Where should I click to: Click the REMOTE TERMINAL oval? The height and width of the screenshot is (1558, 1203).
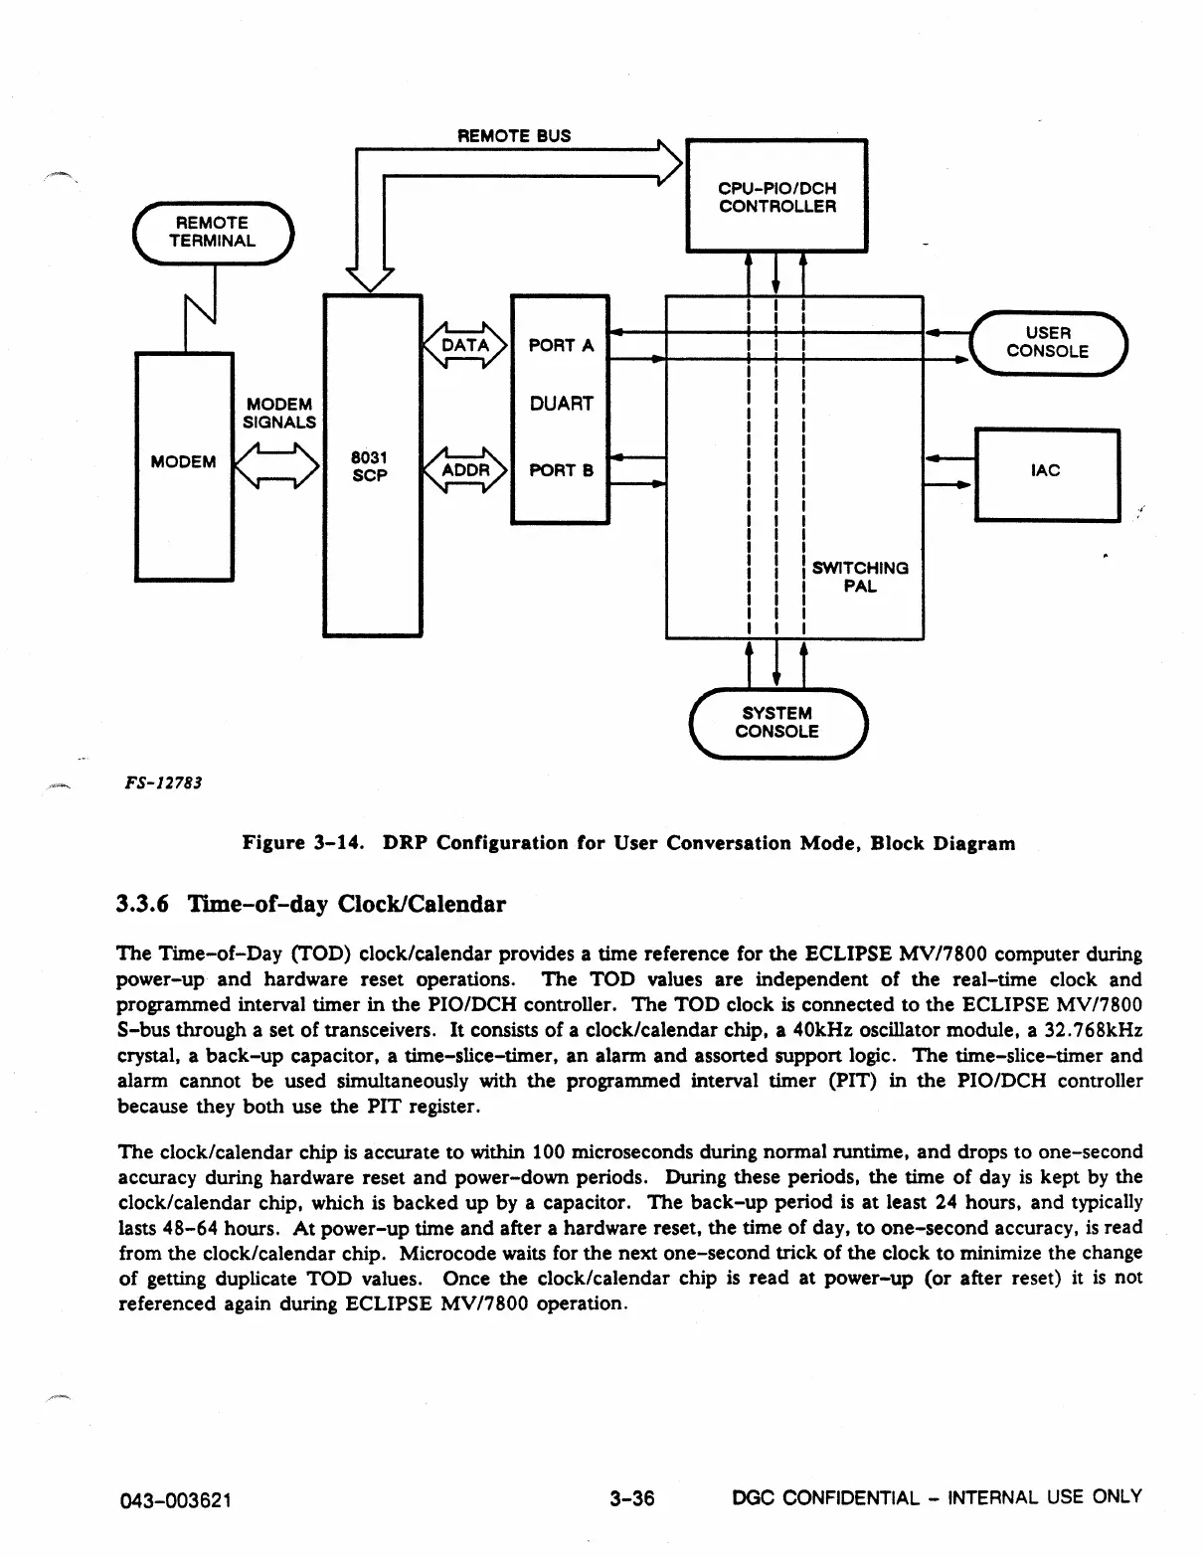click(212, 233)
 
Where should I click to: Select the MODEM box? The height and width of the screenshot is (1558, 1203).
click(184, 464)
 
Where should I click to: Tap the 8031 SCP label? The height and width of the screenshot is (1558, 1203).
click(369, 465)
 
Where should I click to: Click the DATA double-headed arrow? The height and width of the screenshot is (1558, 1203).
click(465, 345)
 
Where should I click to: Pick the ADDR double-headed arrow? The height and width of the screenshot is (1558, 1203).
click(465, 469)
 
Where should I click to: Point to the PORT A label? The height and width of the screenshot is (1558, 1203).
click(561, 345)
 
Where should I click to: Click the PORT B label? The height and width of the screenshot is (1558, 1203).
click(561, 470)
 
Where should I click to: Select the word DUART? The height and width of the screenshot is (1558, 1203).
click(561, 404)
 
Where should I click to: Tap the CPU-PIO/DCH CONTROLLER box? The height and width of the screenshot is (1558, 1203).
click(776, 196)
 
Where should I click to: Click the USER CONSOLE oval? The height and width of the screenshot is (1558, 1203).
click(1047, 342)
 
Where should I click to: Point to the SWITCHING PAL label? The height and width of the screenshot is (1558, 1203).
click(860, 577)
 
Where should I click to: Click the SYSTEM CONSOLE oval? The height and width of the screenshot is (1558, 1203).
click(776, 723)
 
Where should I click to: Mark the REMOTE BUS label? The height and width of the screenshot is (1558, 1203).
click(513, 135)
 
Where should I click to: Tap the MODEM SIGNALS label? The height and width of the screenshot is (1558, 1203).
click(279, 414)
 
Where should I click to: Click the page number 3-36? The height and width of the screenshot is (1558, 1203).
click(633, 1497)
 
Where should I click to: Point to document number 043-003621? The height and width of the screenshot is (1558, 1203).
click(175, 1499)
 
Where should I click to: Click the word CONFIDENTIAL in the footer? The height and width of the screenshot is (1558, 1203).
click(851, 1497)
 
